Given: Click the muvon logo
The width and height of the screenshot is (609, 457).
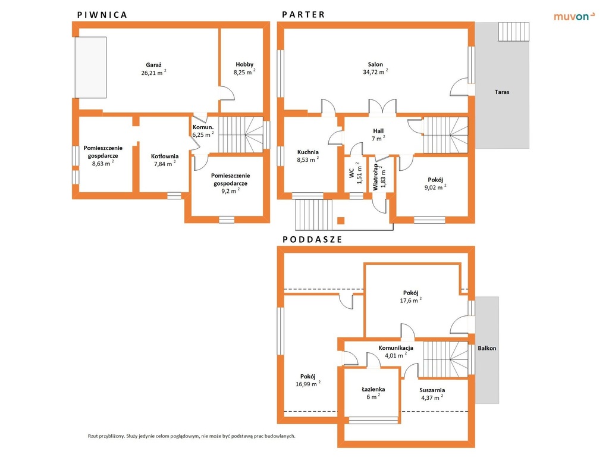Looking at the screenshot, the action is [574, 16].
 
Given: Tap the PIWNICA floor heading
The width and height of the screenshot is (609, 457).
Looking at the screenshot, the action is [102, 15].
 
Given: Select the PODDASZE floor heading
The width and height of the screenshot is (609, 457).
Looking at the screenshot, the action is [312, 239].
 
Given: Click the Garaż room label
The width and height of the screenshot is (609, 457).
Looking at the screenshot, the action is [153, 65].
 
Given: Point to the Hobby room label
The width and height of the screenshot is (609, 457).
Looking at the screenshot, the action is [244, 64].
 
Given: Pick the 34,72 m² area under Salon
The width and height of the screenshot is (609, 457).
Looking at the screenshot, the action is [375, 72].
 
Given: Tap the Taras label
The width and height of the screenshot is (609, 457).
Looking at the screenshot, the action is [502, 92].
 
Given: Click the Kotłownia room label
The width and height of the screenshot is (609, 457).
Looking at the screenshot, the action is [165, 156].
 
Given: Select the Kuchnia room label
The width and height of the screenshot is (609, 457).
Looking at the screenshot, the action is [307, 152].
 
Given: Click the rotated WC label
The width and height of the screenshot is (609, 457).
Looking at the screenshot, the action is [351, 173].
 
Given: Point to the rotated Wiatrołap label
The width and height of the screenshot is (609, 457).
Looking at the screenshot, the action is [375, 177].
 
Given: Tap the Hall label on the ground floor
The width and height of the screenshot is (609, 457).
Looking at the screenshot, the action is [378, 131].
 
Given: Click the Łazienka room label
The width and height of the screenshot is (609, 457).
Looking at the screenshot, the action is [373, 389].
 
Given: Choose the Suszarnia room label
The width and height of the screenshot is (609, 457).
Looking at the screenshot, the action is [432, 390].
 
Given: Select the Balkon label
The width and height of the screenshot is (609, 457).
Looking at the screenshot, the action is [486, 348].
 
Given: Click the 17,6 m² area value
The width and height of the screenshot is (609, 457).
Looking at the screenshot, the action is [410, 301].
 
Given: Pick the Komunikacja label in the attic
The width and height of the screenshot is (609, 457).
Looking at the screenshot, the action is [395, 348].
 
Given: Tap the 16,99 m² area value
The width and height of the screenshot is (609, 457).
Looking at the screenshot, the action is [308, 384].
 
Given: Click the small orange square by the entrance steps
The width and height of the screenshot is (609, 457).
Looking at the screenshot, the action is [341, 221].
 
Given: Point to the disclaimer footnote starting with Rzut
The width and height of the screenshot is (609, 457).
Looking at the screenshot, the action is [192, 436].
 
